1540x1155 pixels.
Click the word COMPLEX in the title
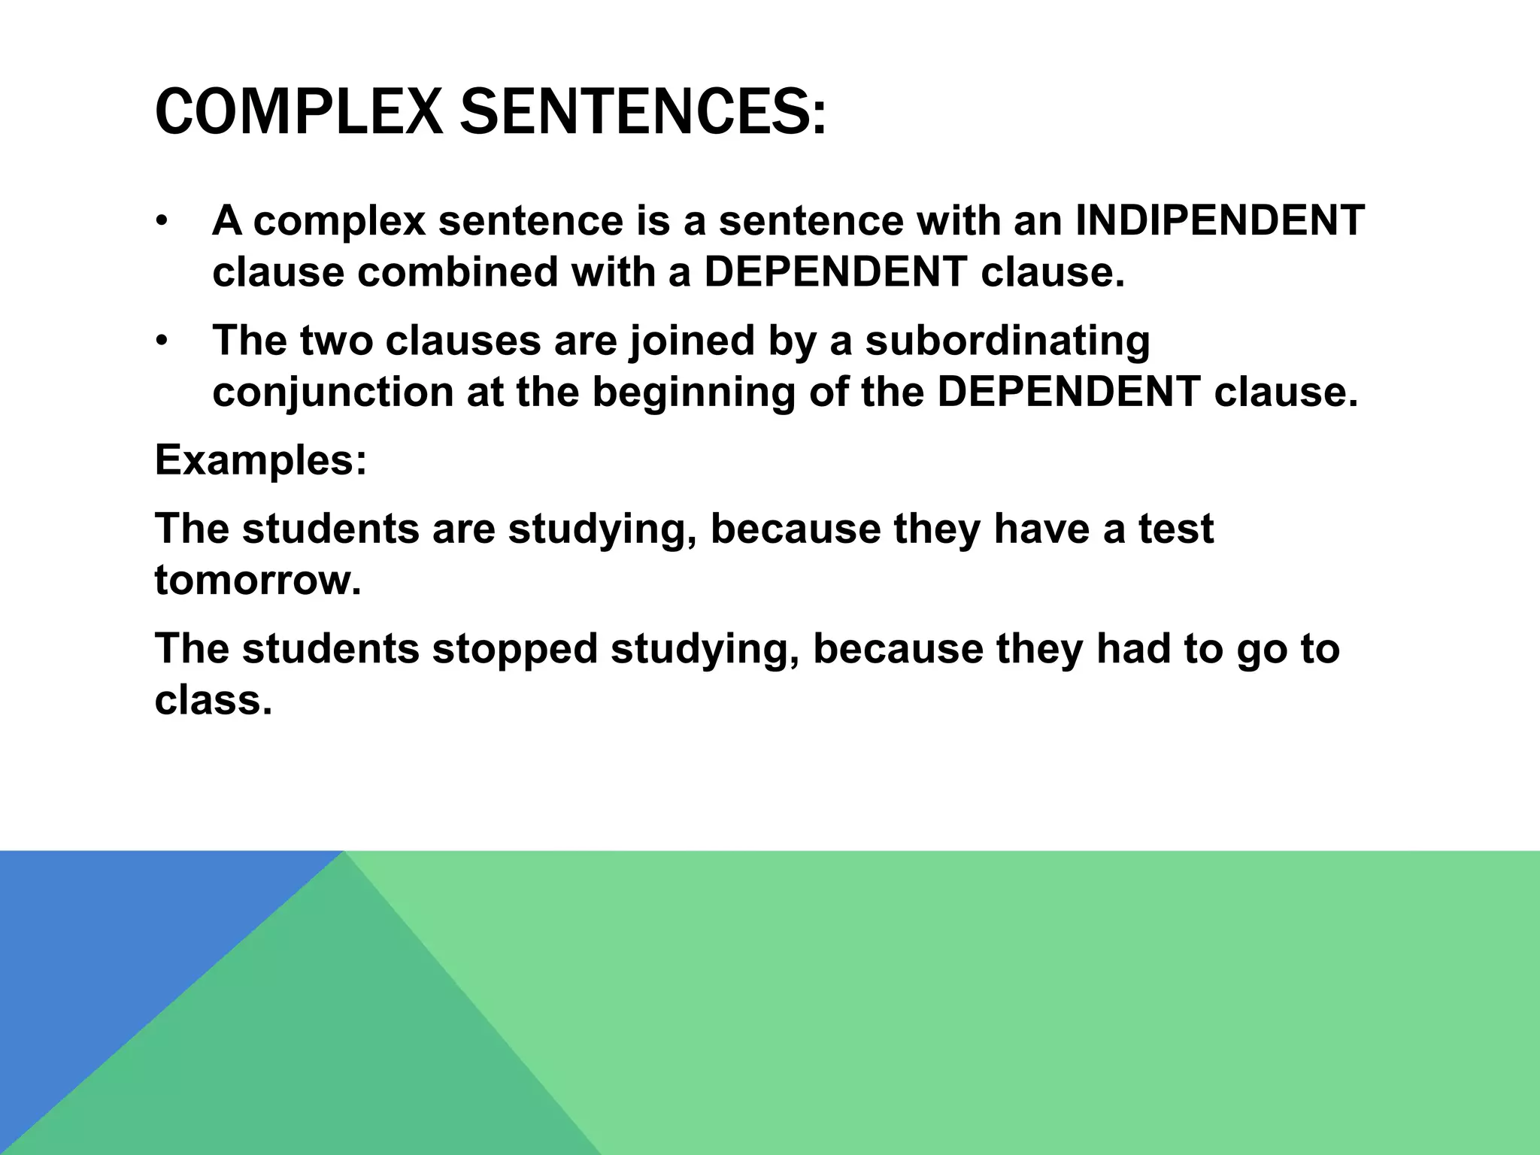pos(298,113)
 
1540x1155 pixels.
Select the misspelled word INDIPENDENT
pos(1220,221)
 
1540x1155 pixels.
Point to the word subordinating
pos(1008,341)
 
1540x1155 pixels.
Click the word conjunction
pos(333,393)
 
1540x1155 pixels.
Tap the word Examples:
pos(261,460)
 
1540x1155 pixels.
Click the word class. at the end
pos(213,700)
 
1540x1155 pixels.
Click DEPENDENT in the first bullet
pos(835,272)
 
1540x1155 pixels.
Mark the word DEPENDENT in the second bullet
pos(1069,393)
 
